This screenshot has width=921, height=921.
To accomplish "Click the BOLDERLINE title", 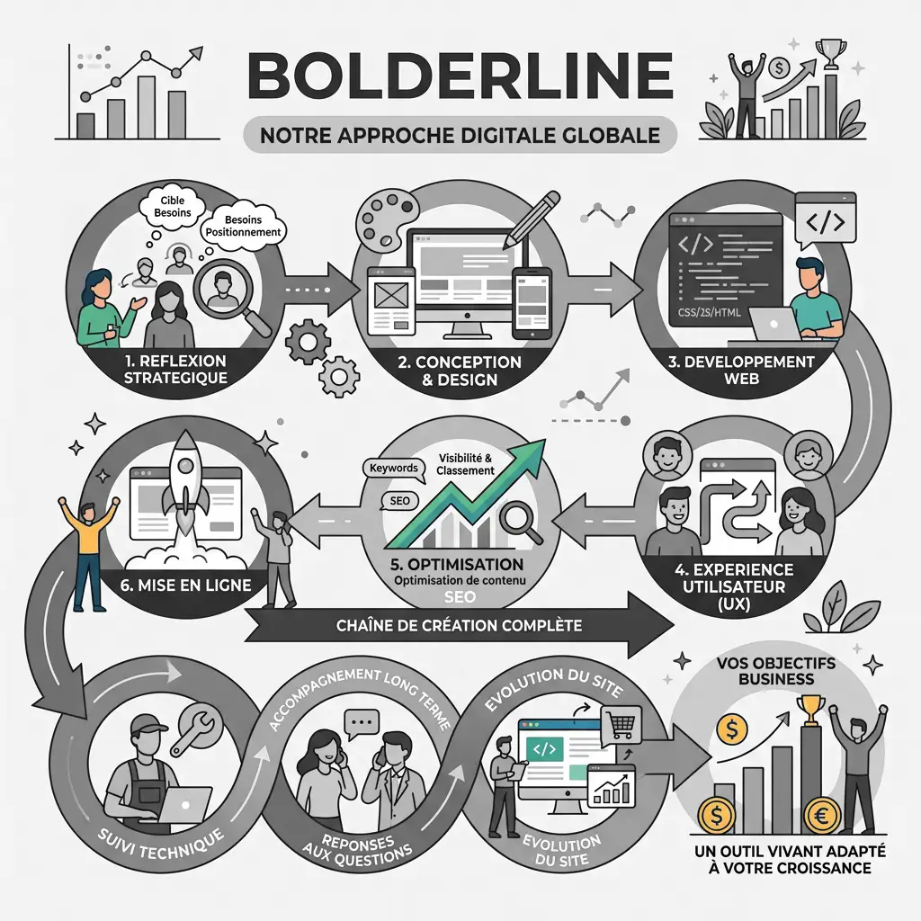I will [460, 76].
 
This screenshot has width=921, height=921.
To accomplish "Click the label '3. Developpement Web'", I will [747, 370].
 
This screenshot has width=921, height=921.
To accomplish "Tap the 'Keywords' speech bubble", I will [393, 469].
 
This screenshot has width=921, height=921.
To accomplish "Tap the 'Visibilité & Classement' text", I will [466, 464].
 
